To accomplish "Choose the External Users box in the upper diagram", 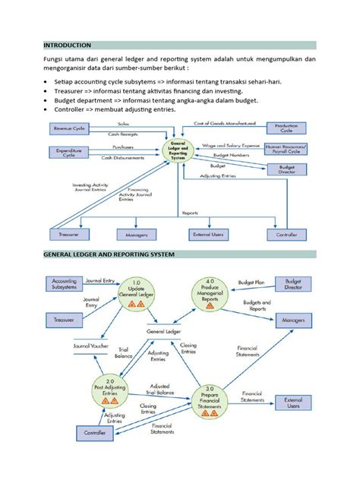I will click(207, 235).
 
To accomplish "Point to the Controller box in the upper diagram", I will click(286, 235).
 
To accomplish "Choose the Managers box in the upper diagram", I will click(131, 235).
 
